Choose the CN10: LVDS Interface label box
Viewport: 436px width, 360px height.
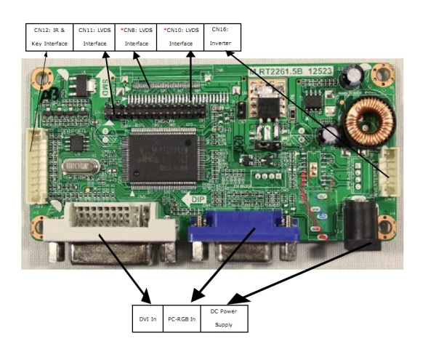(180, 38)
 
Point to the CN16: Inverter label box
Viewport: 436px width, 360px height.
(222, 38)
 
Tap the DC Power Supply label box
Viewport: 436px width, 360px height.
(225, 319)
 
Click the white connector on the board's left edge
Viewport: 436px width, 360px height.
(33, 164)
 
